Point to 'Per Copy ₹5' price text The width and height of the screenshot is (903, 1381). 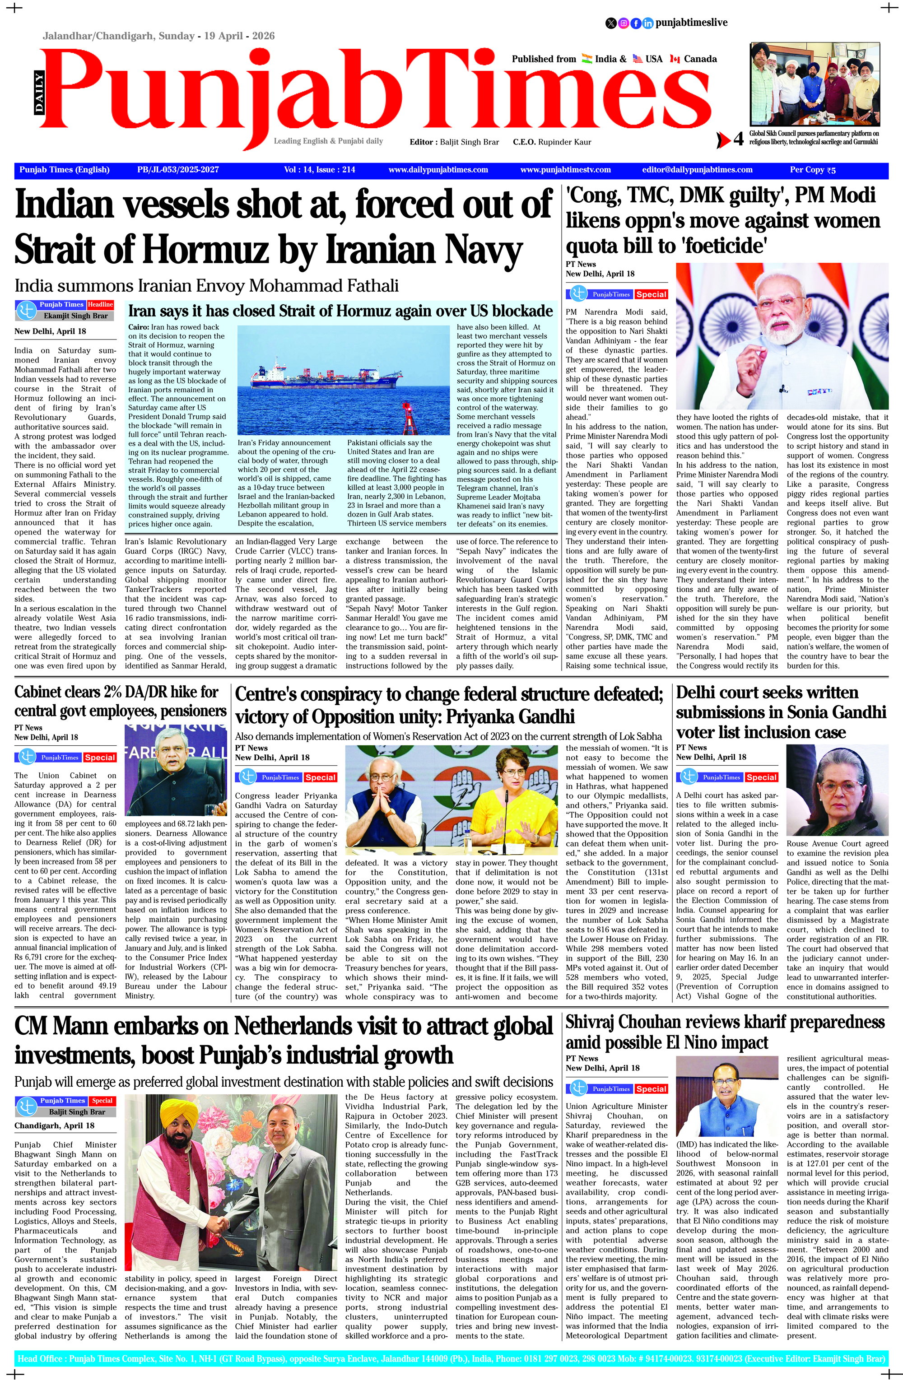pyautogui.click(x=812, y=170)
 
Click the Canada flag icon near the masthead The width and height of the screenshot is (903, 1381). pyautogui.click(x=675, y=59)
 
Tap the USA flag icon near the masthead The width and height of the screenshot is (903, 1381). pyautogui.click(x=638, y=59)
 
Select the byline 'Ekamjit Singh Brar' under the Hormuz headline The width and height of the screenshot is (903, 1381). pyautogui.click(x=75, y=316)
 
